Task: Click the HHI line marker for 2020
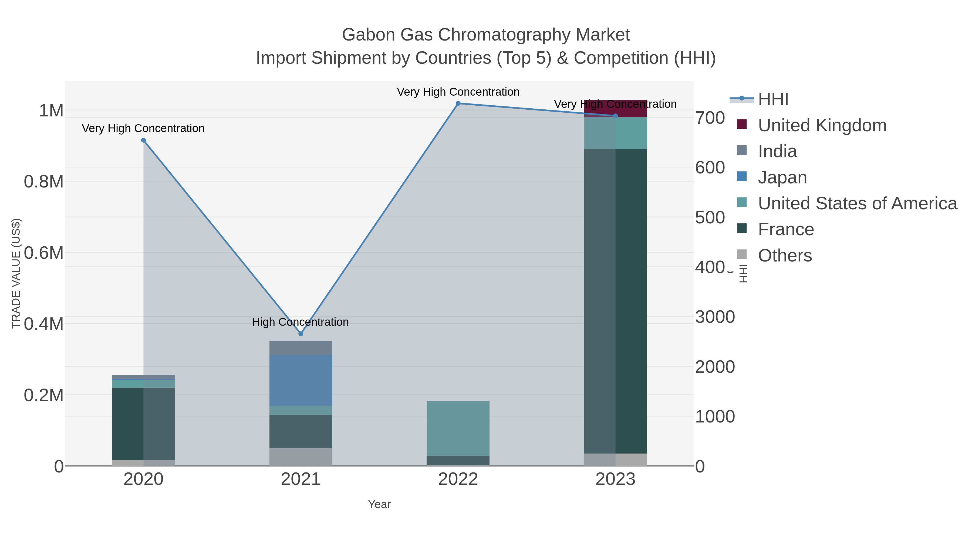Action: point(143,140)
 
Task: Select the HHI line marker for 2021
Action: point(301,334)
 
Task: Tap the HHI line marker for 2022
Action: point(458,103)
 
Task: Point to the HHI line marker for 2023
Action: point(615,116)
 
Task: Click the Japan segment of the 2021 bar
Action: point(301,380)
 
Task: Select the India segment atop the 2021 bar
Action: point(301,348)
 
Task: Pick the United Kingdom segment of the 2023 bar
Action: point(615,109)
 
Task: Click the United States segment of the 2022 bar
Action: point(458,428)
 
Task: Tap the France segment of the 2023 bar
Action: point(615,301)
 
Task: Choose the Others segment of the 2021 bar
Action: point(301,457)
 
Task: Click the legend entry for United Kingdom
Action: point(822,125)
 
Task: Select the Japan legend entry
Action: point(782,177)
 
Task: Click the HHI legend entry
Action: point(773,99)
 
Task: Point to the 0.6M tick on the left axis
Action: point(44,253)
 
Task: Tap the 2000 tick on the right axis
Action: point(715,367)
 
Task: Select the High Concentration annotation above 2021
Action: point(300,322)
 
